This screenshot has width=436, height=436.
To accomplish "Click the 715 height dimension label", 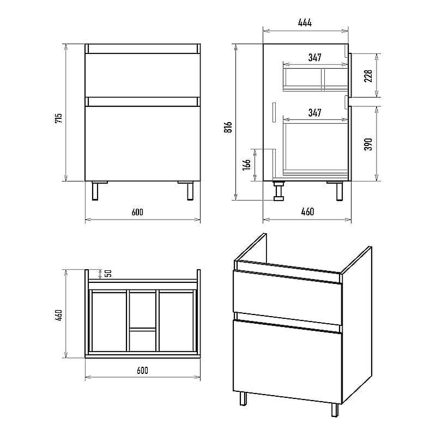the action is coord(59,118).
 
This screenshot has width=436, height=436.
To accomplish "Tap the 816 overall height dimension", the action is coord(228,127).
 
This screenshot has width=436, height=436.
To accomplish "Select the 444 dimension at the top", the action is coord(305,22).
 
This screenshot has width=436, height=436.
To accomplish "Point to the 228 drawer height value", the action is coord(368,76).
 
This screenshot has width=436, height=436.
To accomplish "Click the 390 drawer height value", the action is coord(368,144).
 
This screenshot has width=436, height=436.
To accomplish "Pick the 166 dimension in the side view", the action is coord(246,165).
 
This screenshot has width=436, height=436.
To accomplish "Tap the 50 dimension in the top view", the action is coord(108,274).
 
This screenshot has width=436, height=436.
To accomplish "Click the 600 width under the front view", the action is coord(137,212).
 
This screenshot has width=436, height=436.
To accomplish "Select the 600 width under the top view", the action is coord(142,371).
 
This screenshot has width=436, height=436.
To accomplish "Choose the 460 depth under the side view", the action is coord(307,212).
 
